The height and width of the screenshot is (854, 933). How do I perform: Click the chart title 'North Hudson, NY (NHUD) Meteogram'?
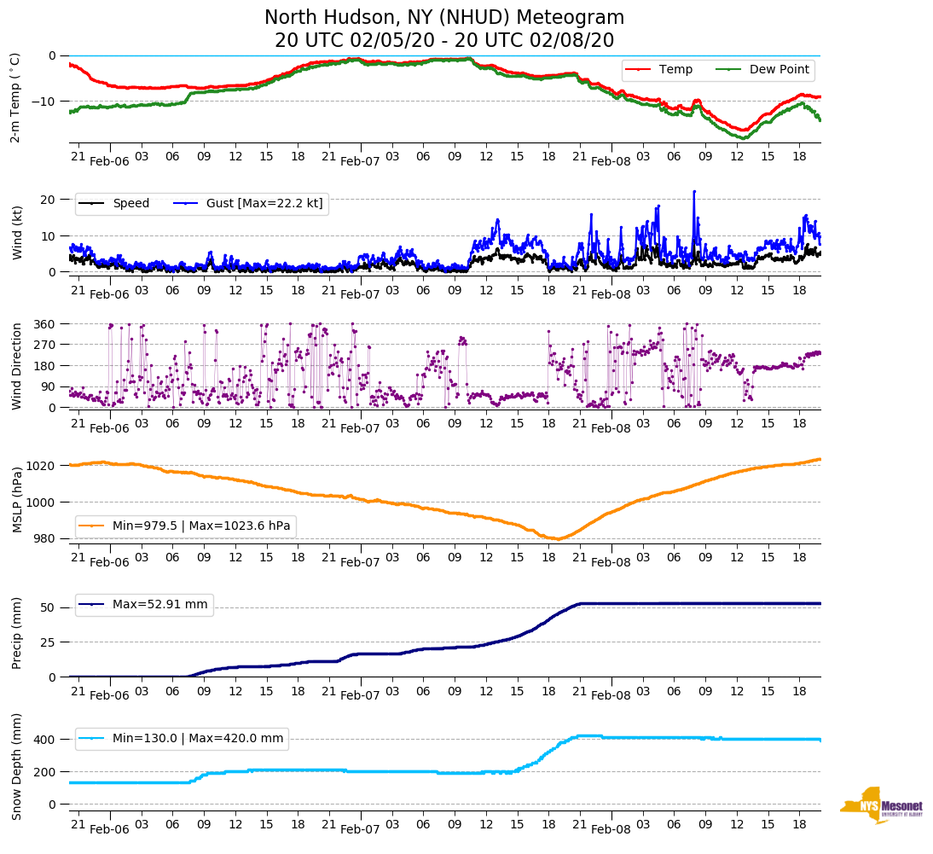444,18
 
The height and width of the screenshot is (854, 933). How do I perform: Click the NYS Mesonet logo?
882,805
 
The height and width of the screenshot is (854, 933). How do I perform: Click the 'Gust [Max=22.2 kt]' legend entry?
264,203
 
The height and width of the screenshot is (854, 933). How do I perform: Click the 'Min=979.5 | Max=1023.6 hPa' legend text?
201,526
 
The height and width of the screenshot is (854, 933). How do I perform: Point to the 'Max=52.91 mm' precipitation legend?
159,604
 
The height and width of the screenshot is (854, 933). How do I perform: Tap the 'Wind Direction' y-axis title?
17,366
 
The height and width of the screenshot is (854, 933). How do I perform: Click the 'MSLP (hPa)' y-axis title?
17,499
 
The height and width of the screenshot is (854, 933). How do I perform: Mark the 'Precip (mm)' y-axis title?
17,632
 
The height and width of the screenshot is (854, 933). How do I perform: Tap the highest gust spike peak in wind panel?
694,191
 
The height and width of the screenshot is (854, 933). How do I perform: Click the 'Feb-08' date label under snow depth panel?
611,829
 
